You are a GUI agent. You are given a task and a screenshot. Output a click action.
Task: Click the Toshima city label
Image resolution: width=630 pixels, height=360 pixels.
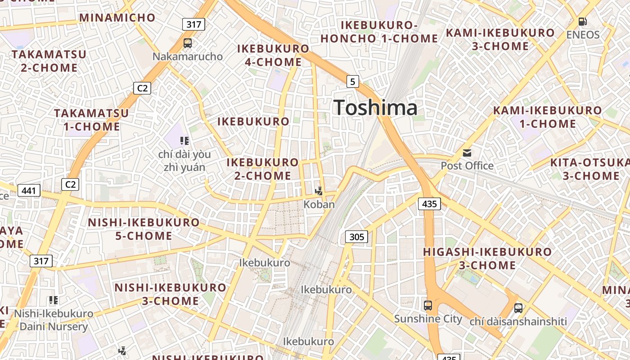375,108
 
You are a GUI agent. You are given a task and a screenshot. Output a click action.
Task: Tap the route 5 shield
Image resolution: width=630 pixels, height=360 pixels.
353,81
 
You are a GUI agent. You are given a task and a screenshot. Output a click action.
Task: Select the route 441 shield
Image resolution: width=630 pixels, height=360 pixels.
29,191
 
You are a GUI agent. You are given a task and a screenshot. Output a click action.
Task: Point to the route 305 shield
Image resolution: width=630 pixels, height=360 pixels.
356,237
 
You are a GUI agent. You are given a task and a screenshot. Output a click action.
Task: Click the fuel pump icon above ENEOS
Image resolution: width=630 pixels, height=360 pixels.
582,21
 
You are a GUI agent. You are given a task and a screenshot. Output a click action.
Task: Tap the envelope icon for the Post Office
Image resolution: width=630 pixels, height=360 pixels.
467,153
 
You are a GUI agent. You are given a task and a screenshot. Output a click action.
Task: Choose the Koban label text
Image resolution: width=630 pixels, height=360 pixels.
319,204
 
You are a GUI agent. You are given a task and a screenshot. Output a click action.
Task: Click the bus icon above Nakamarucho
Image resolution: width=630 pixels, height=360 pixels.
188,43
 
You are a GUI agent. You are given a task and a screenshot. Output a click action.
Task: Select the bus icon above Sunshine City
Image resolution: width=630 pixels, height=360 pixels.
428,306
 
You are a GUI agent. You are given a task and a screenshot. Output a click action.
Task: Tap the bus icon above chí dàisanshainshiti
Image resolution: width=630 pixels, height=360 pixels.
518,308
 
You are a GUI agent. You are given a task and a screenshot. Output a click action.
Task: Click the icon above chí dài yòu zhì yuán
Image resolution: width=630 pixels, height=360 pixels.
184,141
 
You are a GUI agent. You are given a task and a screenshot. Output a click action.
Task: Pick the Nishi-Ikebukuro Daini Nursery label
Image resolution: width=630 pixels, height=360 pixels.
54,320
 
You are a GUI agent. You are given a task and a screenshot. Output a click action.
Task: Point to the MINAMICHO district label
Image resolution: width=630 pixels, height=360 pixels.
117,18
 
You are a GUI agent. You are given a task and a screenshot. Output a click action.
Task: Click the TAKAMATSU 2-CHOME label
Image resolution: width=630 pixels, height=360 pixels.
49,61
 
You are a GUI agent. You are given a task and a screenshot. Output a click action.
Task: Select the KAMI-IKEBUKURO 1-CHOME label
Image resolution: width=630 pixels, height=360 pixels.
547,117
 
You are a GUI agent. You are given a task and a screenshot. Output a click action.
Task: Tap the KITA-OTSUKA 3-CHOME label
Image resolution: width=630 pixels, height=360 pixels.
589,169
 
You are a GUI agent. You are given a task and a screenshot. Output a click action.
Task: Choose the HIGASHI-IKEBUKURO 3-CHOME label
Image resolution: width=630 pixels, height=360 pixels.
487,258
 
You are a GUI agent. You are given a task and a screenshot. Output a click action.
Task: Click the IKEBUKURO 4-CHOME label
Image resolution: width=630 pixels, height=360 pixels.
273,55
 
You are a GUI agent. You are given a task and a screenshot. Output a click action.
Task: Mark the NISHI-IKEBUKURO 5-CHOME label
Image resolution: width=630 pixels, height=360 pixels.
144,229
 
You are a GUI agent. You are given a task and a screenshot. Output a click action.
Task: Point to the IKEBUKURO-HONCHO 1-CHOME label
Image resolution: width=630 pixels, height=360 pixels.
379,32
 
